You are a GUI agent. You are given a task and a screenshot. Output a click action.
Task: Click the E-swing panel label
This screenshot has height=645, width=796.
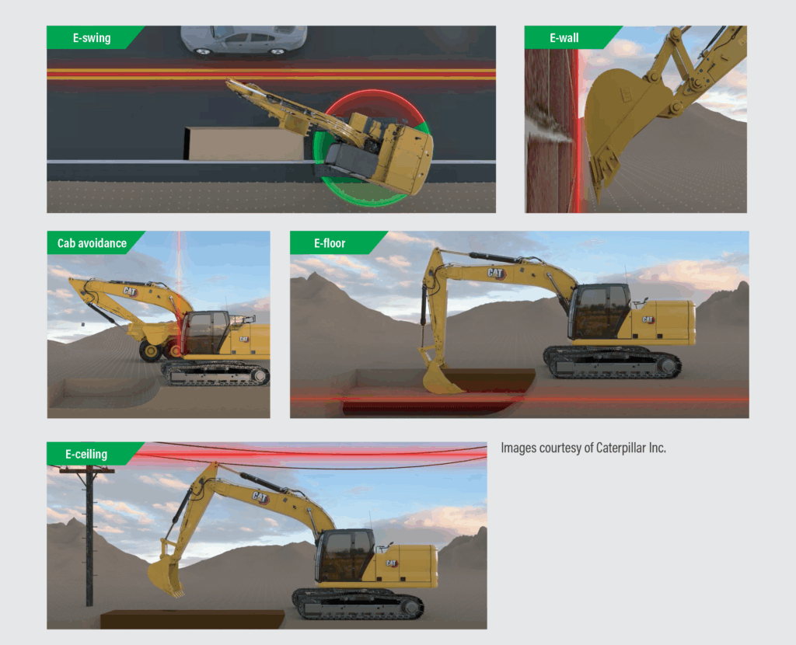point(92,38)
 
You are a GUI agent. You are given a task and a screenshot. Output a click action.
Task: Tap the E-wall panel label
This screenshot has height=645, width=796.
point(564,38)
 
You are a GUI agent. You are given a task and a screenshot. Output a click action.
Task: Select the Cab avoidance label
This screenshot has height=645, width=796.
point(92,243)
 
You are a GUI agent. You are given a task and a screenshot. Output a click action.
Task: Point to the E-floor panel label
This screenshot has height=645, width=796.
point(330,243)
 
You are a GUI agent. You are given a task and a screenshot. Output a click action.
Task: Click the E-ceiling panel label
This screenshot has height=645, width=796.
point(86,454)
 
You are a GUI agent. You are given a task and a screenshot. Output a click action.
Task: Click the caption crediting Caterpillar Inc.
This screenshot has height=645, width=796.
point(583,448)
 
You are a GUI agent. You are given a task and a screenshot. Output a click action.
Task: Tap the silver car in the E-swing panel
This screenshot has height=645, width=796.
point(243,40)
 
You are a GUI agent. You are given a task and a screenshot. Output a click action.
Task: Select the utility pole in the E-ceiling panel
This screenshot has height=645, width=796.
point(89,535)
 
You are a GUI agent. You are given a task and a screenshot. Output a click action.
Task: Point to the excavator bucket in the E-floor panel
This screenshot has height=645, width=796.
point(441,379)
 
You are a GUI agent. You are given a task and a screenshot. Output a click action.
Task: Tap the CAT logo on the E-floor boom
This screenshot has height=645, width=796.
point(495,274)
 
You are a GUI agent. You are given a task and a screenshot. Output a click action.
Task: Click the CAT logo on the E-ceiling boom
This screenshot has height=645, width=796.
point(260,497)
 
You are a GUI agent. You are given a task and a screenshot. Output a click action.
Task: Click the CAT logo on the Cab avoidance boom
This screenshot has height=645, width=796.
point(130,291)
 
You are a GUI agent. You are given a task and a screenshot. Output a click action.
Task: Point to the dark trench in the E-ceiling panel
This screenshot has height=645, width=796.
point(192,619)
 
